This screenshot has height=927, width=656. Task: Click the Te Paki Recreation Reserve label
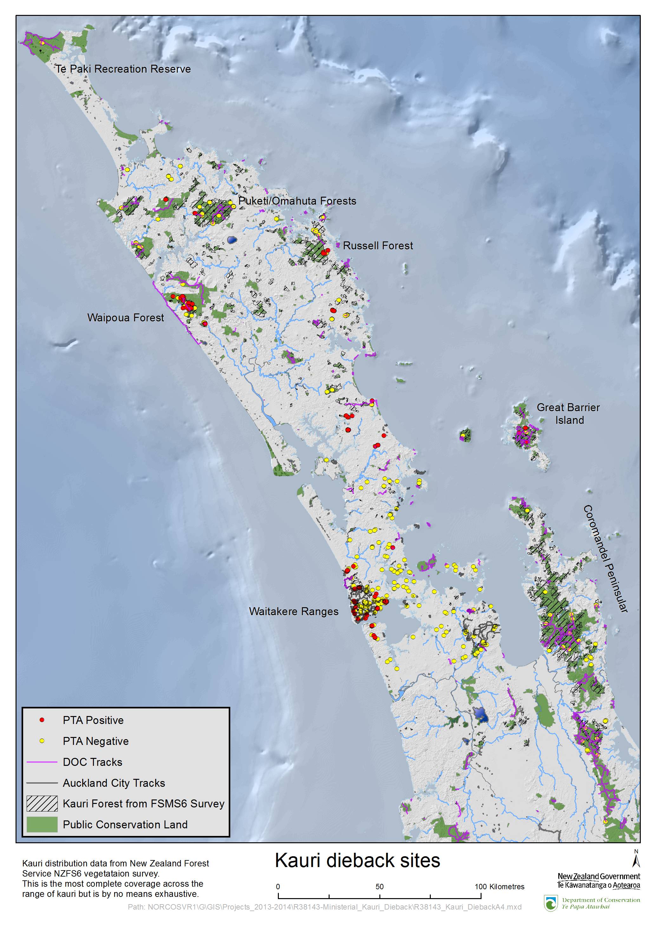click(x=123, y=69)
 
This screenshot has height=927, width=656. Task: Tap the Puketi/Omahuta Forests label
click(x=297, y=201)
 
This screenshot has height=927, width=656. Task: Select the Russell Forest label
click(x=378, y=246)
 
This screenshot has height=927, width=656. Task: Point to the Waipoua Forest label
click(x=126, y=318)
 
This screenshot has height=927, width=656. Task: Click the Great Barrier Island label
click(x=568, y=414)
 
